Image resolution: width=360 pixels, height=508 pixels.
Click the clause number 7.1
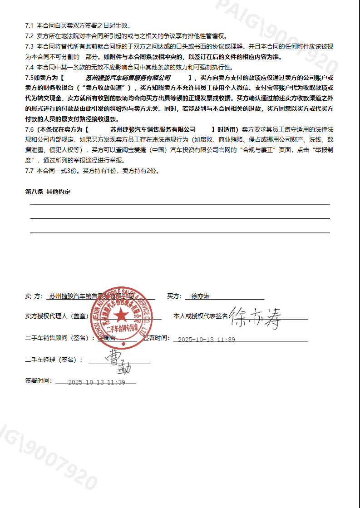tap(30, 25)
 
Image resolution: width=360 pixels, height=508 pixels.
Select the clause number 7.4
tap(30, 67)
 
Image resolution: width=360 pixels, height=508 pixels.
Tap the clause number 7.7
tap(30, 171)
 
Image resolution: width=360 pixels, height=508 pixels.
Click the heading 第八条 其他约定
tap(48, 192)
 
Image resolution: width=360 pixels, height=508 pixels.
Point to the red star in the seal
tap(121, 315)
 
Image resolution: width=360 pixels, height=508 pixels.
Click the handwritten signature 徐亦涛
tap(255, 319)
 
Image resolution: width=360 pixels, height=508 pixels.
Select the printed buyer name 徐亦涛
tap(201, 296)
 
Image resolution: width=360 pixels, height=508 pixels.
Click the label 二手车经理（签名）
tap(54, 360)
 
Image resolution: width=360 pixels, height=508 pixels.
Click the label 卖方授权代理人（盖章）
tap(57, 316)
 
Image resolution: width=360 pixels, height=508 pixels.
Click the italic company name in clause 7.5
tap(128, 78)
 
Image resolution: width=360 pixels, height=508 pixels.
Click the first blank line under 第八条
tap(180, 204)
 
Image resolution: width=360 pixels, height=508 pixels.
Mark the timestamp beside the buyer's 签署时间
tap(207, 340)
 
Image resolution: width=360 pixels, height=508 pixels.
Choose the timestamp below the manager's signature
tap(96, 382)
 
